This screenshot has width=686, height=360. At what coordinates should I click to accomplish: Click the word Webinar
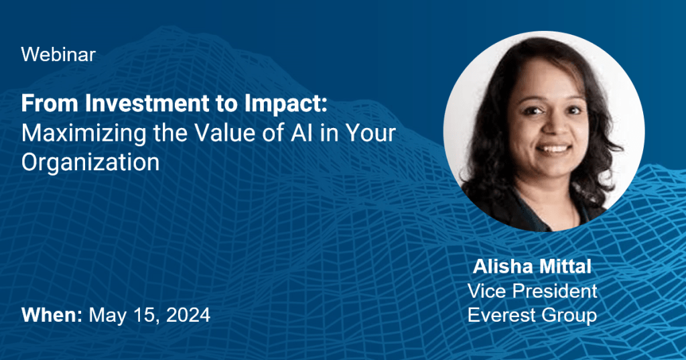(x=58, y=55)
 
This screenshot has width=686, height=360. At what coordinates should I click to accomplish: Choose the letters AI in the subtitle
(x=302, y=133)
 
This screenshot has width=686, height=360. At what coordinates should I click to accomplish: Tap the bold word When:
(x=52, y=315)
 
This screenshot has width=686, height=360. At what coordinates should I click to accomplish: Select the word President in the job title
(x=555, y=291)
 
